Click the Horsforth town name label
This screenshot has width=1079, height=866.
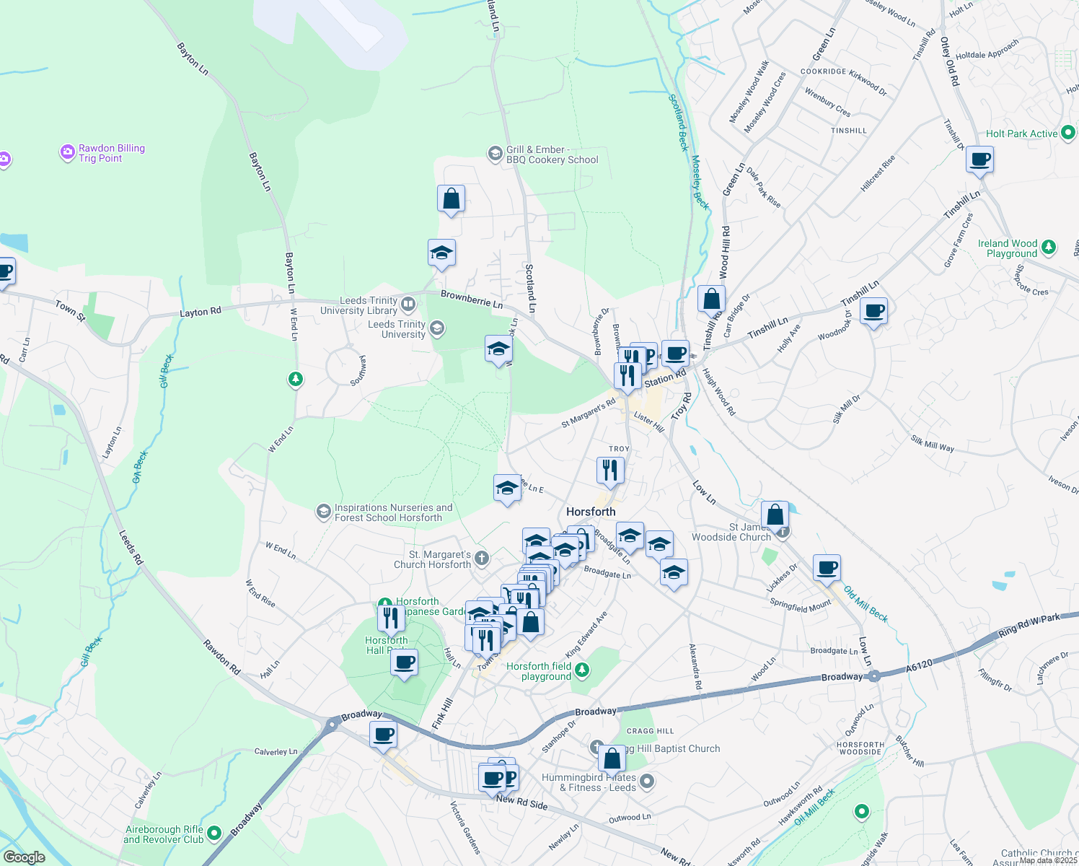591,512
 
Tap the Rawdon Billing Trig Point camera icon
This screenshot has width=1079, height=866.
68,152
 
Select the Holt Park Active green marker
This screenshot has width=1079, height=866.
1068,134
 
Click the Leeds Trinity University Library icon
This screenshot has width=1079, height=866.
408,305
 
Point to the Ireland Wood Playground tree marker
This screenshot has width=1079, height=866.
1049,248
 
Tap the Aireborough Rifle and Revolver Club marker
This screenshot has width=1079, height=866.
214,834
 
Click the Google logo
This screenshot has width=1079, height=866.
24,857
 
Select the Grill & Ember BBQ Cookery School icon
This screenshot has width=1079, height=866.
495,153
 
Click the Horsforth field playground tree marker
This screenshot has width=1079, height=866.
582,671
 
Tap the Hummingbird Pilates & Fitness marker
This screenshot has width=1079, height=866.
647,781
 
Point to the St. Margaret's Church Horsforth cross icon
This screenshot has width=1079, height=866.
482,558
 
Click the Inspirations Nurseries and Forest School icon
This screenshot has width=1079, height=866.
323,512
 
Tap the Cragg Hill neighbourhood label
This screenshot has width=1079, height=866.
651,731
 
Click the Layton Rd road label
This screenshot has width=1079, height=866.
201,312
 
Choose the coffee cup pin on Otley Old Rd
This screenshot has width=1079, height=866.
979,159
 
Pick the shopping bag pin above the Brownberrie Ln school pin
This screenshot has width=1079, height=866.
451,199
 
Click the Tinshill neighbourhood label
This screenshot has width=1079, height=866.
849,131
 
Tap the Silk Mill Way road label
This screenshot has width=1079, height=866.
932,444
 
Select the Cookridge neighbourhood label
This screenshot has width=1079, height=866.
823,72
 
